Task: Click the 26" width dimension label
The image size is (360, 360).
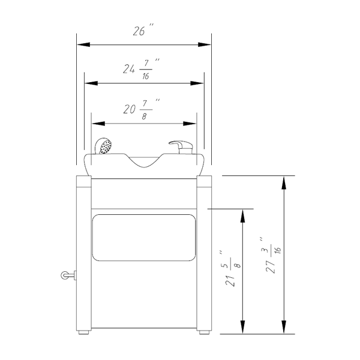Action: pos(143,29)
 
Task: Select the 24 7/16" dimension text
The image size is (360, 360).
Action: pos(141,69)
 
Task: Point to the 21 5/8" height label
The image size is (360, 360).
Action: pos(232,269)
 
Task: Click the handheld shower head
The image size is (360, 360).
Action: pos(104,146)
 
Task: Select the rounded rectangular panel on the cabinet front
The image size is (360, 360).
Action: pos(144,238)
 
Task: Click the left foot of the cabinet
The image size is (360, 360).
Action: pos(83,332)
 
